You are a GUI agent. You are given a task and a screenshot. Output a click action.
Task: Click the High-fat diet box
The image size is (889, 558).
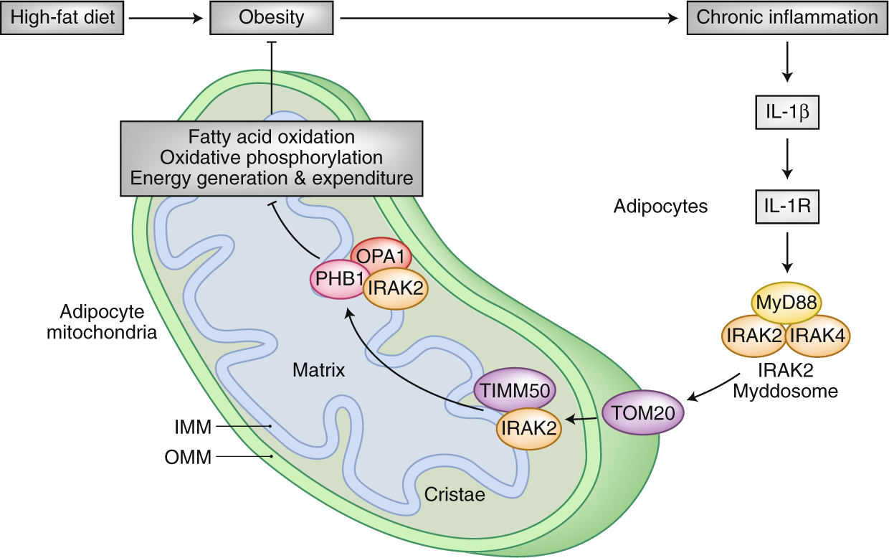pyautogui.click(x=62, y=17)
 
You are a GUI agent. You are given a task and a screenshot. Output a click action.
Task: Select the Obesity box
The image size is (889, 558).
pyautogui.click(x=272, y=17)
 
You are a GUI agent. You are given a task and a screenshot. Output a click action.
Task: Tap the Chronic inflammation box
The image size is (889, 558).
pyautogui.click(x=786, y=17)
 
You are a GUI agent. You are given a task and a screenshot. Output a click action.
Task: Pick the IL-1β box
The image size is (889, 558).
pyautogui.click(x=786, y=113)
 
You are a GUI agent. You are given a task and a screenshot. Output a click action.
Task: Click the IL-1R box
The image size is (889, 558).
pyautogui.click(x=786, y=208)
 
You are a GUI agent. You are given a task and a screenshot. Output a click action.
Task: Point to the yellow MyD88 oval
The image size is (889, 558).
pyautogui.click(x=786, y=303)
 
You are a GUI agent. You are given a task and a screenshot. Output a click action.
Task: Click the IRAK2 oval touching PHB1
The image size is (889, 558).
pyautogui.click(x=396, y=288)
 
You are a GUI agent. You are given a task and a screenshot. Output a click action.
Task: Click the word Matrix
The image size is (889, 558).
pyautogui.click(x=319, y=371)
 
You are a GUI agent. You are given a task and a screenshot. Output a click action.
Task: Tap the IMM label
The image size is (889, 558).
pyautogui.click(x=194, y=427)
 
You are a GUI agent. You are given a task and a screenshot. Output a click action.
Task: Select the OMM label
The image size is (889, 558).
pyautogui.click(x=192, y=456)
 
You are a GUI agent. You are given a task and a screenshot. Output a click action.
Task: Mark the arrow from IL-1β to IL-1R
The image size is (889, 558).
pyautogui.click(x=786, y=160)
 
